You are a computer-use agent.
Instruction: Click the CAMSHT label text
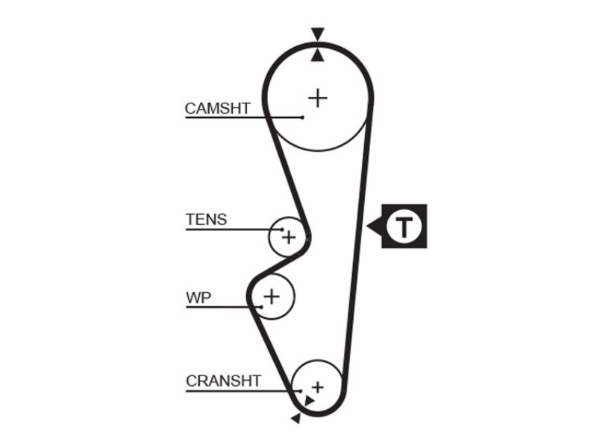(217, 109)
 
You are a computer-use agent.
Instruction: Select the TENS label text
(207, 220)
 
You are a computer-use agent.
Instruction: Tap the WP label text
(199, 297)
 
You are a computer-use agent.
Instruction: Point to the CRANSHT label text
(223, 381)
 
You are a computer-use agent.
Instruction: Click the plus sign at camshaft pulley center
(318, 98)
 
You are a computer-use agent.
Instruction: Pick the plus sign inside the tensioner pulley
(289, 238)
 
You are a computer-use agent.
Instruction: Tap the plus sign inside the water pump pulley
(272, 296)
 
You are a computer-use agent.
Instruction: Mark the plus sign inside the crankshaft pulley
(318, 387)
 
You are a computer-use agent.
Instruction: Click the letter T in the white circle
(404, 227)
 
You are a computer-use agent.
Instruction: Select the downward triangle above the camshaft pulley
(318, 33)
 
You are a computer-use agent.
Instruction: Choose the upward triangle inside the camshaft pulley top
(318, 56)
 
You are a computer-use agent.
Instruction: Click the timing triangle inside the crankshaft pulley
(309, 401)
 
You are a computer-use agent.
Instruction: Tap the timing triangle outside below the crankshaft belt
(296, 419)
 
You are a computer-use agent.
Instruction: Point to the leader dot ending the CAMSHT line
(302, 118)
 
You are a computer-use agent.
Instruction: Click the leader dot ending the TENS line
(282, 229)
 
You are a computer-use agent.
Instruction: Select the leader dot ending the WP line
(262, 307)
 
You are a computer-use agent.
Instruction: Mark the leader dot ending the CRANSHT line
(301, 391)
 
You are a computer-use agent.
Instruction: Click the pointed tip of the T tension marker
(366, 226)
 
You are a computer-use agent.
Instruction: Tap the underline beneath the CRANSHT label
(243, 391)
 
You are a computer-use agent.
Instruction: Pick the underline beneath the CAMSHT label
(244, 118)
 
